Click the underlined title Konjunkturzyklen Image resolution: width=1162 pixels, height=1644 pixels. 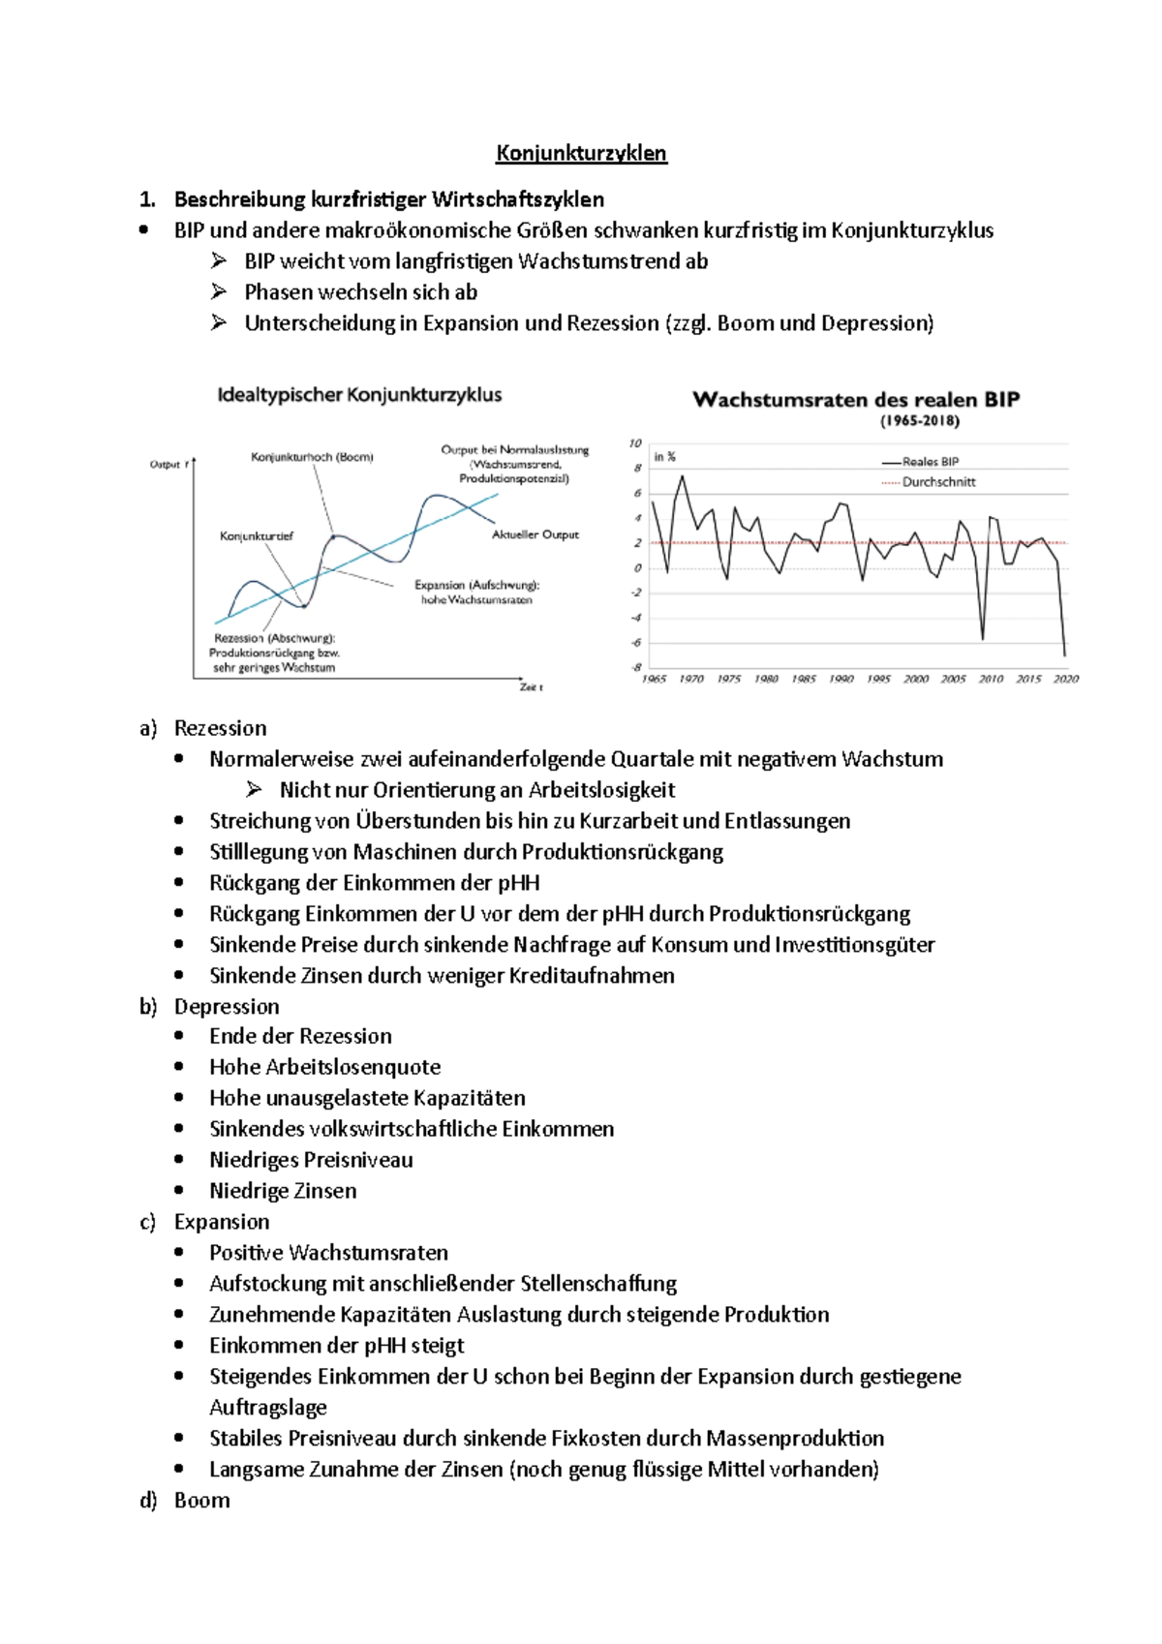pyautogui.click(x=581, y=153)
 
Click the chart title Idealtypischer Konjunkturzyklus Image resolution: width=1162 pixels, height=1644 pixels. pyautogui.click(x=359, y=395)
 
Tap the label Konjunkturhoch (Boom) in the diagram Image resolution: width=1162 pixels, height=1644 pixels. pyautogui.click(x=312, y=457)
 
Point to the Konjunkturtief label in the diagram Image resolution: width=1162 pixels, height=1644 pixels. pyautogui.click(x=256, y=536)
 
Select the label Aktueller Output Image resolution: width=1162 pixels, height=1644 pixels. pyautogui.click(x=535, y=534)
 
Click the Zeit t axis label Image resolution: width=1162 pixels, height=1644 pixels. pyautogui.click(x=531, y=687)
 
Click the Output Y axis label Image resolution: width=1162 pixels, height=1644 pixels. pyautogui.click(x=168, y=465)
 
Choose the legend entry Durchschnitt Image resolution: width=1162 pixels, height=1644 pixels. pyautogui.click(x=937, y=482)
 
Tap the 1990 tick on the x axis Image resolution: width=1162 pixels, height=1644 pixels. pyautogui.click(x=841, y=680)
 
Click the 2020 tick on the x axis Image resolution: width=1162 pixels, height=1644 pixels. pyautogui.click(x=1065, y=680)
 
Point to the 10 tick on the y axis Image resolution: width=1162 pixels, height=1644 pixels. pyautogui.click(x=635, y=443)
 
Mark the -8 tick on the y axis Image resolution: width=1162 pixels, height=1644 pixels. pyautogui.click(x=636, y=667)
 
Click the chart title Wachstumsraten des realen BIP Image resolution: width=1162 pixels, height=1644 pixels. pyautogui.click(x=856, y=400)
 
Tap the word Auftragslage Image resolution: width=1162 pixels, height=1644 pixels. pyautogui.click(x=268, y=1407)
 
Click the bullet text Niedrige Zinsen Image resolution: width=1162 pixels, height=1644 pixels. pyautogui.click(x=283, y=1190)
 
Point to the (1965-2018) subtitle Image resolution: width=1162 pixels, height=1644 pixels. pyautogui.click(x=919, y=421)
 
